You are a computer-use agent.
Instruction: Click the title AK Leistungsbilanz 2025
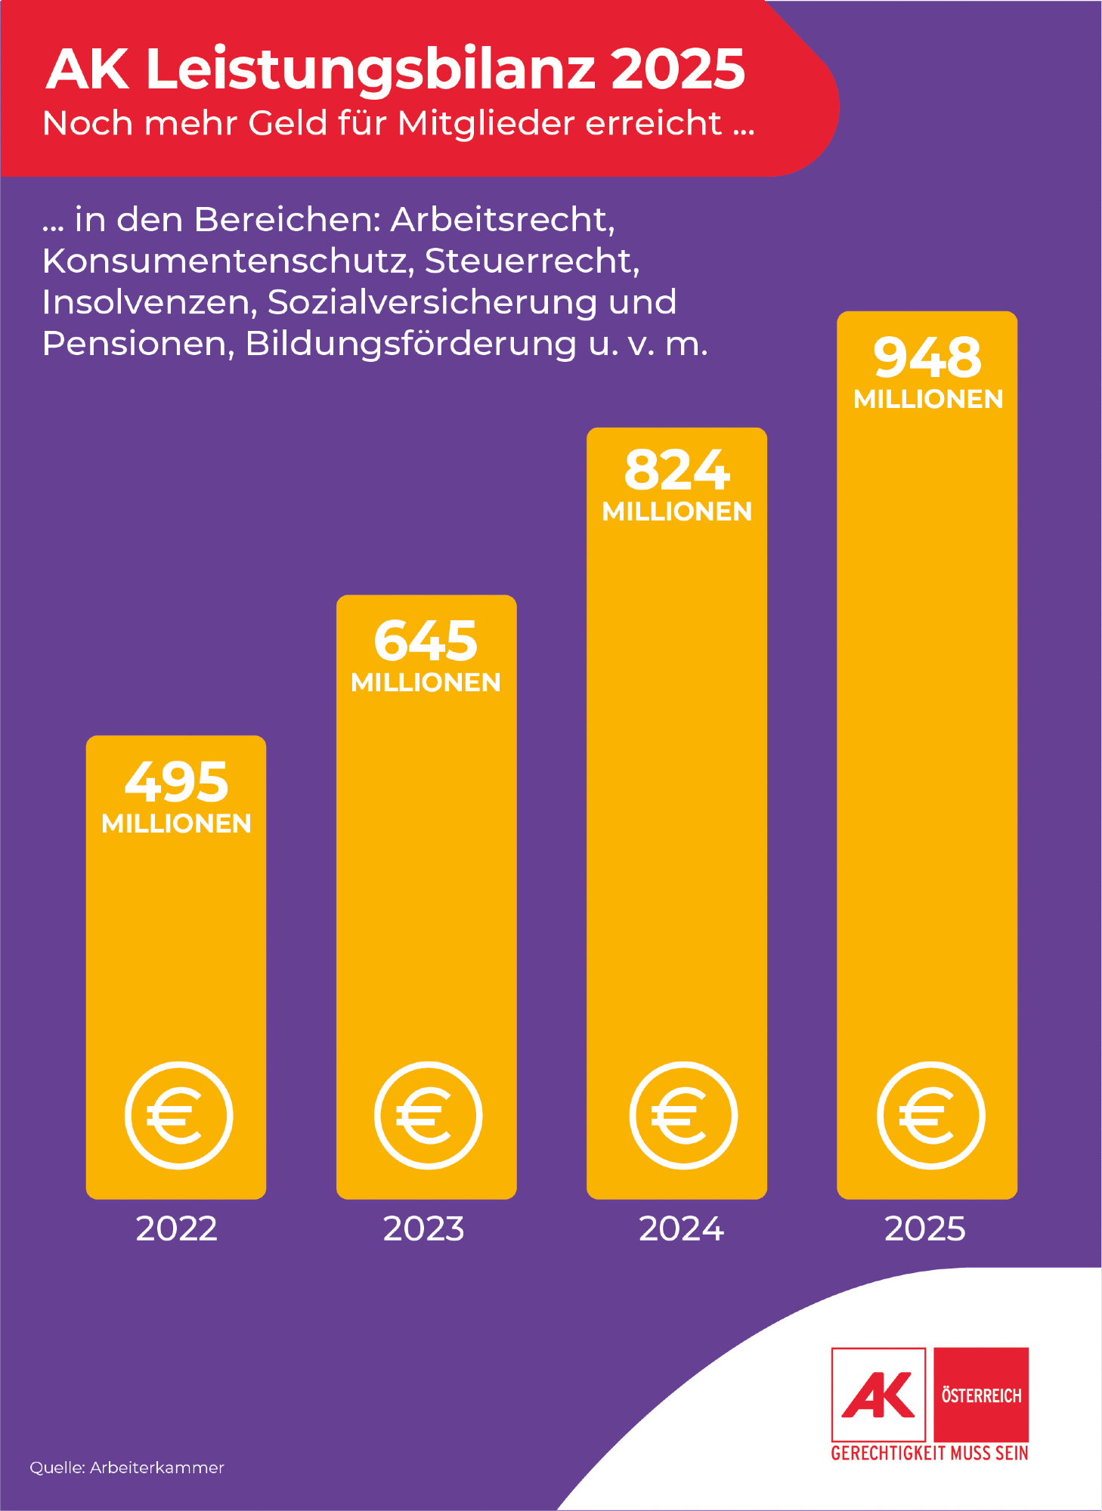pos(395,70)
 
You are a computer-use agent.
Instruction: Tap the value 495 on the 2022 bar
pos(176,782)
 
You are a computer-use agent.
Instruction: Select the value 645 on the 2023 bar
pos(426,641)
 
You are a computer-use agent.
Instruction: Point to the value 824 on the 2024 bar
pos(676,470)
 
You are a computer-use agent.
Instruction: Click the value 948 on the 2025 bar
pos(927,357)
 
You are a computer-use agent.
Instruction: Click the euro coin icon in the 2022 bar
pos(178,1115)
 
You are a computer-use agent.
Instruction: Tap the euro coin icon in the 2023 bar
pos(428,1115)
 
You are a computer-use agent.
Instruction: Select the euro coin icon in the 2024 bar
pos(683,1115)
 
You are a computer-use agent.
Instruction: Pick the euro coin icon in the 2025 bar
pos(930,1115)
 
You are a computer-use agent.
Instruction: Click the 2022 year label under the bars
pos(176,1229)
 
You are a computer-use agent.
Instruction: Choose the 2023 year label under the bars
pos(423,1229)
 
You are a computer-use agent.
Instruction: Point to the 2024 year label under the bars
pos(681,1229)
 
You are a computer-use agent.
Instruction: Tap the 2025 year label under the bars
pos(924,1229)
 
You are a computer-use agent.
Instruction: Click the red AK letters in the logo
pos(878,1395)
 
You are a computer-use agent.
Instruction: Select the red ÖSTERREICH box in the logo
pos(981,1395)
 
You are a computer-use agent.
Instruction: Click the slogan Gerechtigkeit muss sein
pos(929,1453)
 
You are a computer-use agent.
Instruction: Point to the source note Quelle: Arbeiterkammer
pos(127,1467)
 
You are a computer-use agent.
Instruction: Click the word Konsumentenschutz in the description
pos(228,261)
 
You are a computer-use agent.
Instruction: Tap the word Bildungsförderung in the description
pos(410,344)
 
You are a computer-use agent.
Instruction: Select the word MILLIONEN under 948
pos(928,399)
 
